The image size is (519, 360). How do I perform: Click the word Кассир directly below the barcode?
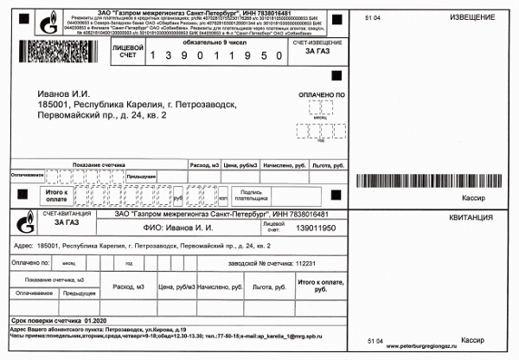click(473, 199)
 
